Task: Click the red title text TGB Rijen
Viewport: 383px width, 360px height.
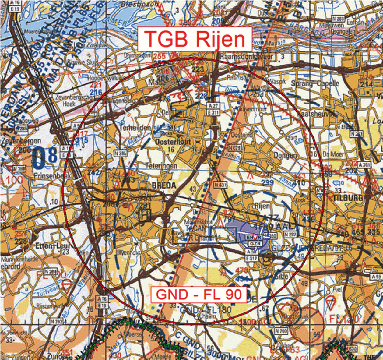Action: click(x=195, y=39)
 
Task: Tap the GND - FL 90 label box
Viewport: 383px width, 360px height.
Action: click(x=199, y=295)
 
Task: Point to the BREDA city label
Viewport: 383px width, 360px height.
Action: click(x=164, y=185)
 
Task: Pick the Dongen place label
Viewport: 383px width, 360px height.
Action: click(x=285, y=155)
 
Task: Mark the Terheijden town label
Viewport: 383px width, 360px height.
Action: click(x=135, y=128)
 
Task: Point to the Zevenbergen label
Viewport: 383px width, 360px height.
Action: click(x=21, y=141)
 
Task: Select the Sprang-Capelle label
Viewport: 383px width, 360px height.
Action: click(x=315, y=83)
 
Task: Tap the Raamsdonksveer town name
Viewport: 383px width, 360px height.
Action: click(x=247, y=56)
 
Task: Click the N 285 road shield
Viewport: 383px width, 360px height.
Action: click(x=120, y=153)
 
